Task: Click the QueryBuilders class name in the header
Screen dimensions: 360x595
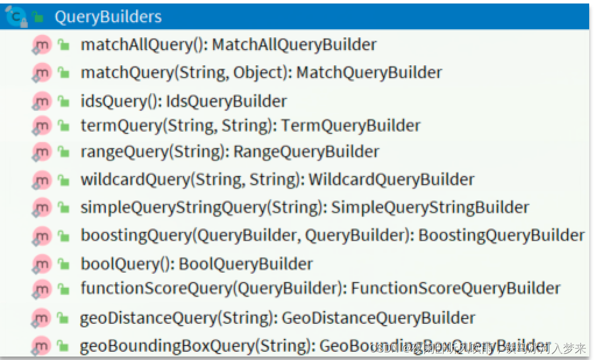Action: [x=108, y=17]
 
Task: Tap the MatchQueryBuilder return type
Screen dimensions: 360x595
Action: [x=369, y=73]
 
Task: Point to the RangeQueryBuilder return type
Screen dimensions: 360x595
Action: [x=306, y=152]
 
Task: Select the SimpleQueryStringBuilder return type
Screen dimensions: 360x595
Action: [x=430, y=207]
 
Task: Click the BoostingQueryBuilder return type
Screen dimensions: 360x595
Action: [x=501, y=235]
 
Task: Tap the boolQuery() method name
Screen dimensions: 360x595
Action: [x=127, y=264]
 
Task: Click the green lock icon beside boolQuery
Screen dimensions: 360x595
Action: [x=63, y=264]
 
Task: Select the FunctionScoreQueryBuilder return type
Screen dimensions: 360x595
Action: [x=455, y=288]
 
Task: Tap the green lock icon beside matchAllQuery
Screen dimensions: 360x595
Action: [x=63, y=45]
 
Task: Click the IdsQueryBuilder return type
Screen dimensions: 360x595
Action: [x=226, y=101]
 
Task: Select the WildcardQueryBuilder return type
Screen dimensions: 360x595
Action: [x=391, y=179]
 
